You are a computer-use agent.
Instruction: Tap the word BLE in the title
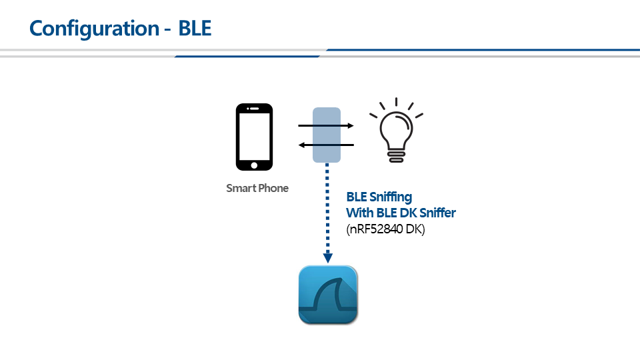(195, 29)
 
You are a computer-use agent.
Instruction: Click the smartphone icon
(254, 137)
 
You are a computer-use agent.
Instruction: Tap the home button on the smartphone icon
(254, 165)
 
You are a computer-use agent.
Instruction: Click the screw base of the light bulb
(396, 156)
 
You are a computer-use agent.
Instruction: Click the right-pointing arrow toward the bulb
(325, 125)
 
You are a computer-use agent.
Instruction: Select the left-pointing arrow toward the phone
(325, 145)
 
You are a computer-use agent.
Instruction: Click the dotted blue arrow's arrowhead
(327, 257)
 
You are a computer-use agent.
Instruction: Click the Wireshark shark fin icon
(327, 295)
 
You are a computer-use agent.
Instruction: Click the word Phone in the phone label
(273, 188)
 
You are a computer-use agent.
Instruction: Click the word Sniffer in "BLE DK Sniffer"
(435, 213)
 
